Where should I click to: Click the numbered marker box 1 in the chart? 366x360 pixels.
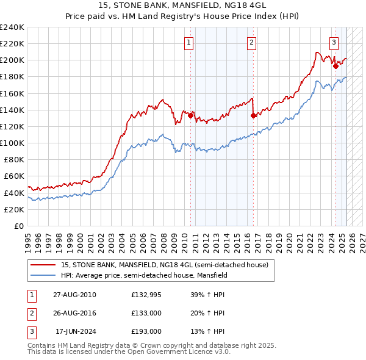[x=189, y=42]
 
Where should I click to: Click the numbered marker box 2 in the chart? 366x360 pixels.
[x=251, y=42]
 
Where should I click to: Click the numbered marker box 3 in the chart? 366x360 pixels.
[x=334, y=42]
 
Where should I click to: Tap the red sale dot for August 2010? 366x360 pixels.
[x=190, y=115]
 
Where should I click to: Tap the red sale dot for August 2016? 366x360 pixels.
[x=253, y=115]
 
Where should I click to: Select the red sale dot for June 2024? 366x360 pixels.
[x=335, y=66]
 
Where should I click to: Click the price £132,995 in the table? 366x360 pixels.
[x=146, y=295]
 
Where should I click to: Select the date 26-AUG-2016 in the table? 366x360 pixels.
[x=74, y=313]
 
